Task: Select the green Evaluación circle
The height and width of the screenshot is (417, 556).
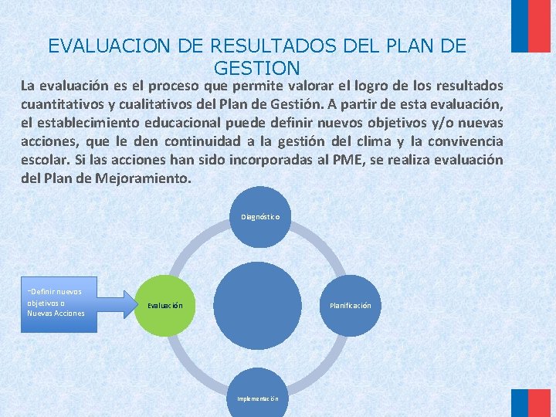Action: (165, 305)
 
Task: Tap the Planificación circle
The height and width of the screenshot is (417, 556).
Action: (350, 305)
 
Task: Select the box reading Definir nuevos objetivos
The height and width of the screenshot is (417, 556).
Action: (59, 303)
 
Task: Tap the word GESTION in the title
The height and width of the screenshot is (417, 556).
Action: (256, 68)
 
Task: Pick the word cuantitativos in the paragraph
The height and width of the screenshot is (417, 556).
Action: (63, 105)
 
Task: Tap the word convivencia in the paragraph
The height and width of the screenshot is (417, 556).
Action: (463, 142)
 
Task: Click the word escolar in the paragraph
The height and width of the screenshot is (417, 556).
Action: (42, 161)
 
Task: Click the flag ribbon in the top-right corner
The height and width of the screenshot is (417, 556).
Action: (532, 25)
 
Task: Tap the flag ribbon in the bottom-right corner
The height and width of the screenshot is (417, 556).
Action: (532, 402)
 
